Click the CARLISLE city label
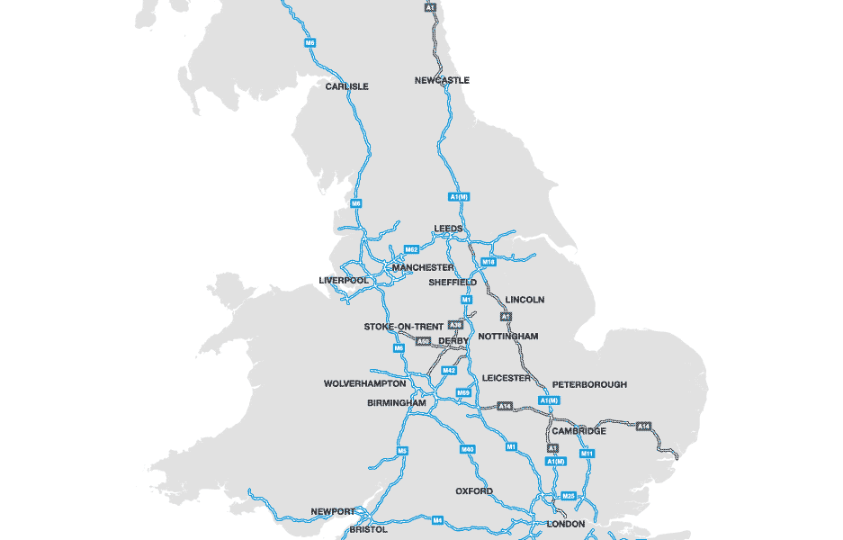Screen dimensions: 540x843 click(346, 86)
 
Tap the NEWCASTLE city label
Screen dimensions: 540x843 click(442, 80)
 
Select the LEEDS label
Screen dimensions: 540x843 click(448, 229)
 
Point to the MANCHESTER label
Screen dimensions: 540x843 click(423, 267)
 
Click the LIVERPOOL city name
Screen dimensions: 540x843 click(344, 280)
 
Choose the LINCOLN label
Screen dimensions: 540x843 click(525, 300)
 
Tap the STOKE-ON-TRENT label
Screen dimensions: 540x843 click(403, 326)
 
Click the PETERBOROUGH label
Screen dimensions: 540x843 click(589, 384)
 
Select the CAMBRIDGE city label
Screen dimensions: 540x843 click(578, 431)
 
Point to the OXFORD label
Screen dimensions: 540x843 click(473, 491)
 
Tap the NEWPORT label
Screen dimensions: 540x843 click(333, 511)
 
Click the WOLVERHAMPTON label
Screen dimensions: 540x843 click(364, 383)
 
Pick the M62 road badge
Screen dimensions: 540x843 click(411, 249)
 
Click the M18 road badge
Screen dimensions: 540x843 click(489, 262)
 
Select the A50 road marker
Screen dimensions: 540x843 click(423, 342)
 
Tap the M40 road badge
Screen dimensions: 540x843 click(467, 449)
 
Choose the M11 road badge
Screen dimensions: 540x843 click(587, 454)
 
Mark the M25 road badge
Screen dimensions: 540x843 click(568, 496)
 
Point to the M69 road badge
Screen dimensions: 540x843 click(463, 392)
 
